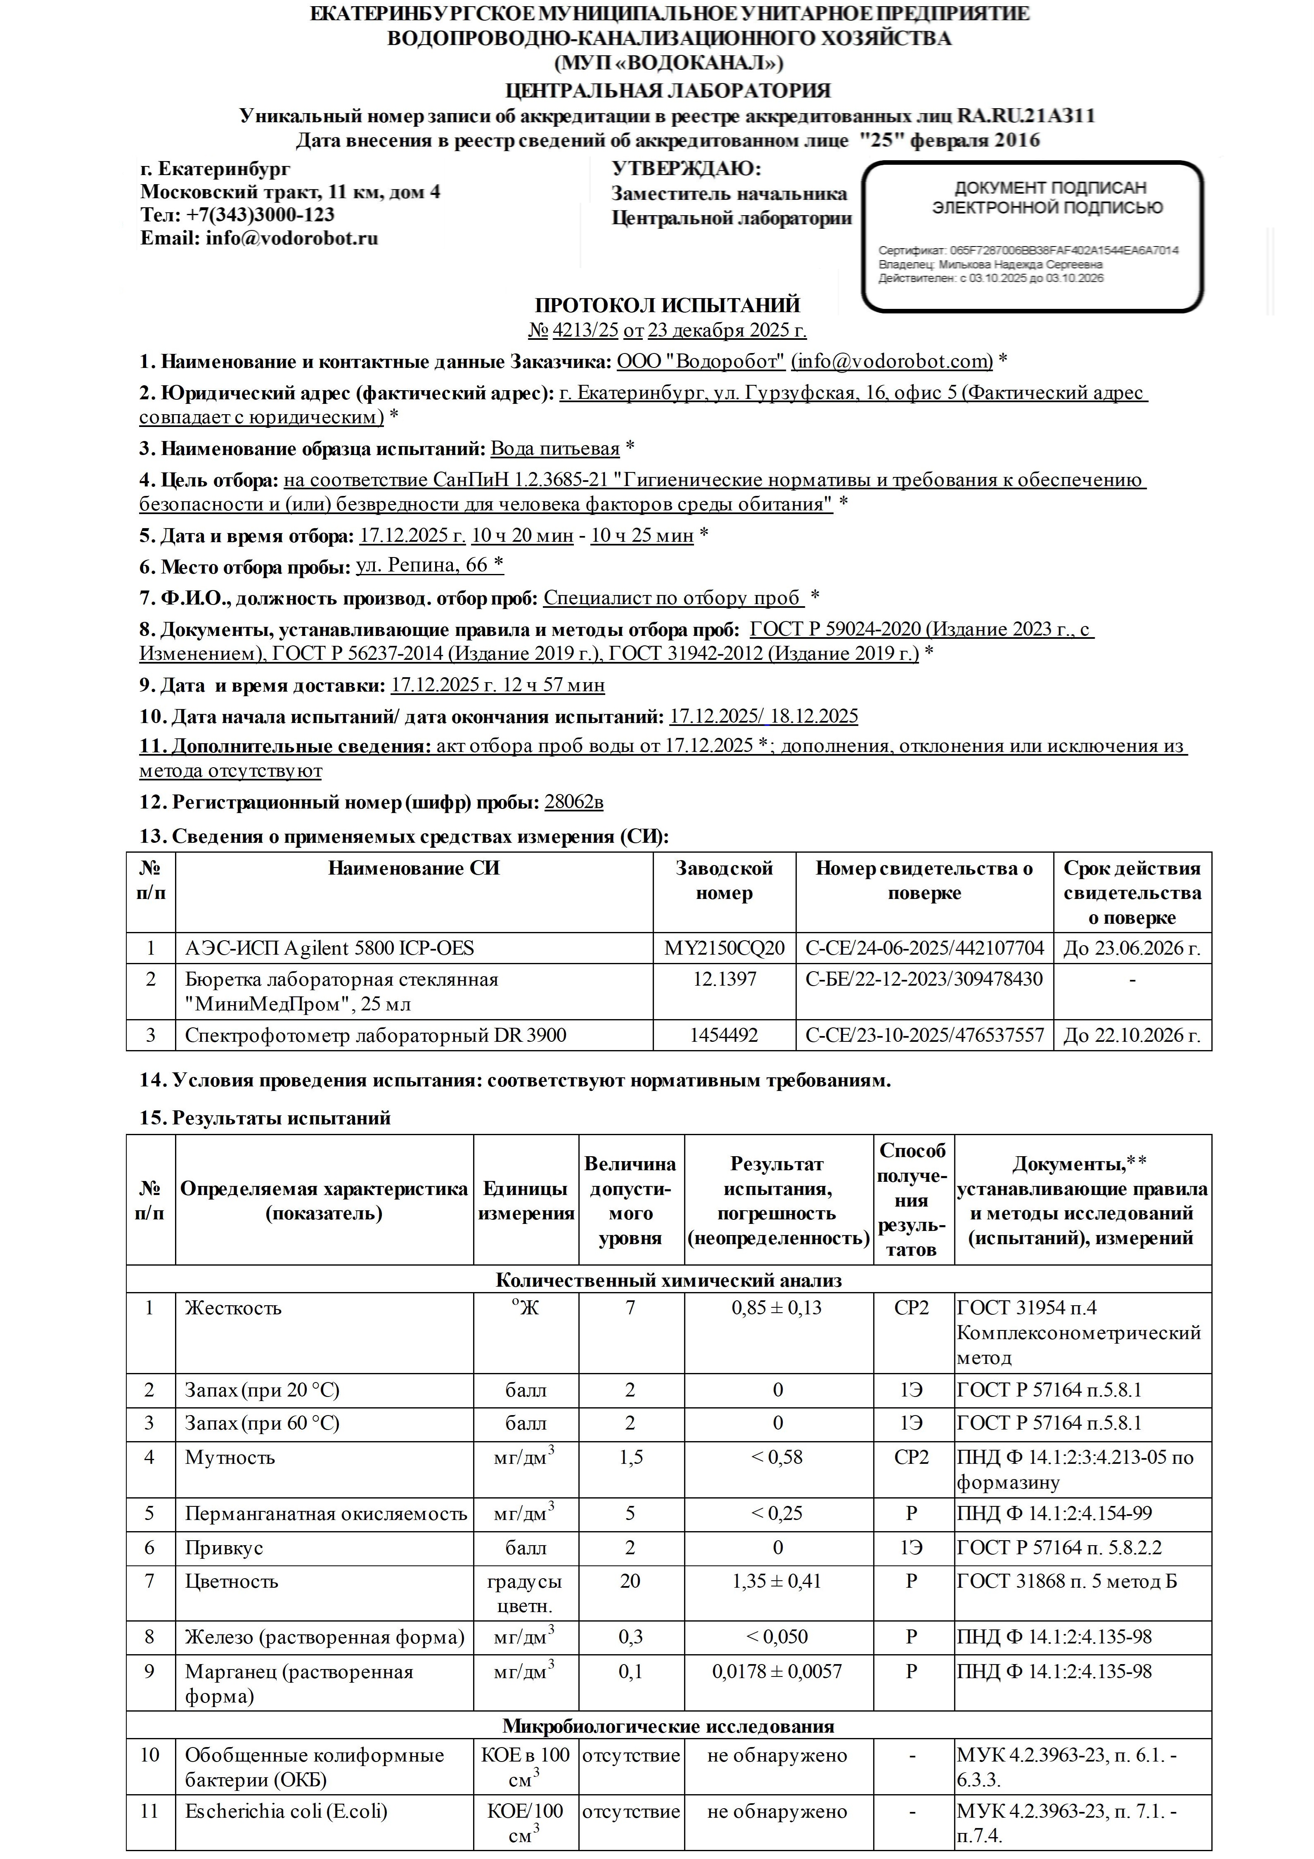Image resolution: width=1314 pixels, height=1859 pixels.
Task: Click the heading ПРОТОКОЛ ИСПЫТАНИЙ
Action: (x=667, y=305)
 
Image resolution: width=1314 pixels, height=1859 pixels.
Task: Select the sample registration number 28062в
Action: (x=573, y=802)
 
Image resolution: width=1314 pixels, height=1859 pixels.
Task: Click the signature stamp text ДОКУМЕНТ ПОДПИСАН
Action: (x=1050, y=188)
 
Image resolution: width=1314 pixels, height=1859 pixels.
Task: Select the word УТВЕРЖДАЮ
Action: (x=687, y=169)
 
